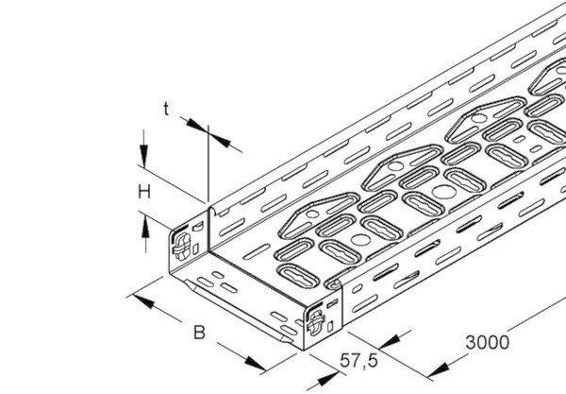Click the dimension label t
point(166,109)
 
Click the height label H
point(144,192)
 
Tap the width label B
point(199,333)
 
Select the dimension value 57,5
point(358,360)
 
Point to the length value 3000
point(488,342)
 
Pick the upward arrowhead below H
point(145,226)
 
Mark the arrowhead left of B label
point(143,301)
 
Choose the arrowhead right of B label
point(256,363)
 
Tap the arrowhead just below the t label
point(197,125)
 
